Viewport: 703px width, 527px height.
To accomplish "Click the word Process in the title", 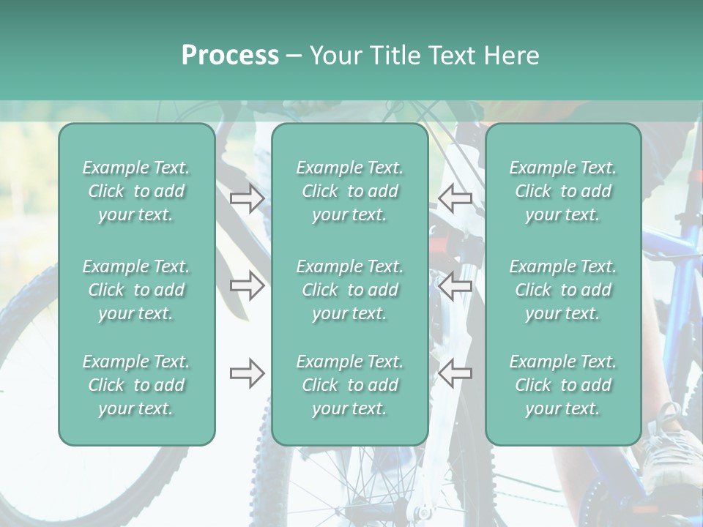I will pos(230,56).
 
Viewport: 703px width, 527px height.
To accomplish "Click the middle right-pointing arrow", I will pos(247,285).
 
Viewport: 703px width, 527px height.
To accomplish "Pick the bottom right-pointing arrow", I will pos(247,374).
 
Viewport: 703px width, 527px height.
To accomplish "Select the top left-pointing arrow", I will pos(455,198).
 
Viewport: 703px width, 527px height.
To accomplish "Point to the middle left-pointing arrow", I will pos(455,285).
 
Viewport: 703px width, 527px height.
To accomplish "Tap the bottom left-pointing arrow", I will pos(455,374).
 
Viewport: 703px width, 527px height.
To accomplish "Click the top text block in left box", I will pos(136,191).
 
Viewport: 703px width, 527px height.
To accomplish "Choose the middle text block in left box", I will pos(136,290).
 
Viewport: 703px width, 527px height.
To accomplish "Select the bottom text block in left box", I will pos(136,385).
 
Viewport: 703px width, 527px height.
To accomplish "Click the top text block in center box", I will pos(349,191).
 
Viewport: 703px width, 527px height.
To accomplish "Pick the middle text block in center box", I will pos(349,290).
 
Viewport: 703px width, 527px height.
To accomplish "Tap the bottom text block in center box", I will pos(349,385).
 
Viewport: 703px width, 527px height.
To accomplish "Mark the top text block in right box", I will pos(562,191).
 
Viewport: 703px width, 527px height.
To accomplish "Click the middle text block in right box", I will pos(562,290).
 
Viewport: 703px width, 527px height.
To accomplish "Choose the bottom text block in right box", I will pos(562,385).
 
